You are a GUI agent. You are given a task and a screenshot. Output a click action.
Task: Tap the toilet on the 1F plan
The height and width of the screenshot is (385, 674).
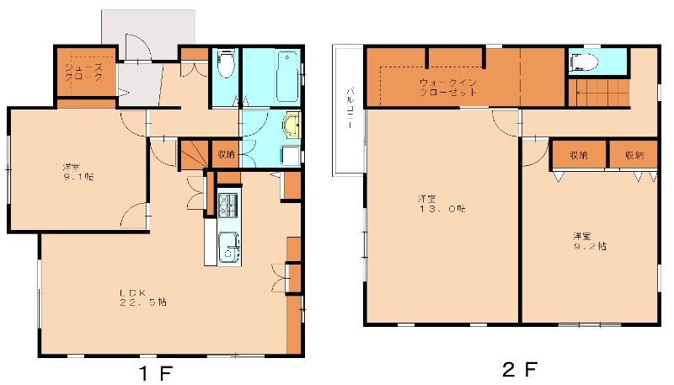[225, 64]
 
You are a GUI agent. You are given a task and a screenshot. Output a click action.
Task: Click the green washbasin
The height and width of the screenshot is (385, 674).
[292, 126]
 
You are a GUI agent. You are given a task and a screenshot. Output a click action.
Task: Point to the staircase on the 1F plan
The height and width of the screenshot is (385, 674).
[193, 155]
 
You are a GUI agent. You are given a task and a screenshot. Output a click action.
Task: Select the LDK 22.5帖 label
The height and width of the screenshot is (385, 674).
[142, 297]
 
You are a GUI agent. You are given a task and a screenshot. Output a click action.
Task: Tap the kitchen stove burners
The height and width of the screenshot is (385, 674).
[228, 205]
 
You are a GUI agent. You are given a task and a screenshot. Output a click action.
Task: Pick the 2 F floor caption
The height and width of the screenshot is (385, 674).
[519, 369]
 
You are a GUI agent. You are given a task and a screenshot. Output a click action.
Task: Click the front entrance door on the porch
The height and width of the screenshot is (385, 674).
[136, 46]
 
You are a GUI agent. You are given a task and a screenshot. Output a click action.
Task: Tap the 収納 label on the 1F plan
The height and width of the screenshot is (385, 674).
[226, 154]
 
